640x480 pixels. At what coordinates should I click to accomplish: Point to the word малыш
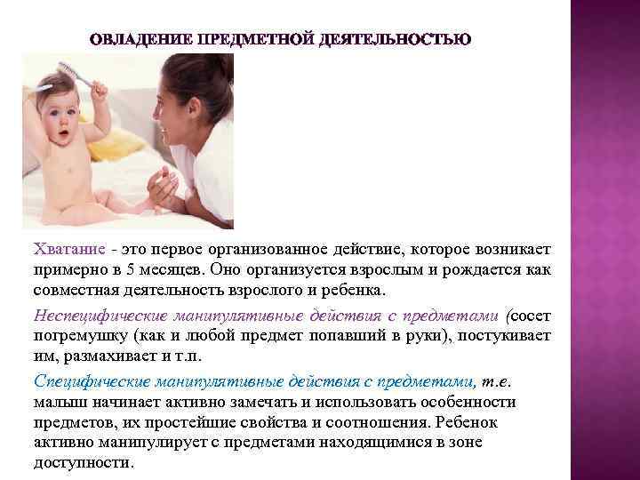pyautogui.click(x=55, y=402)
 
